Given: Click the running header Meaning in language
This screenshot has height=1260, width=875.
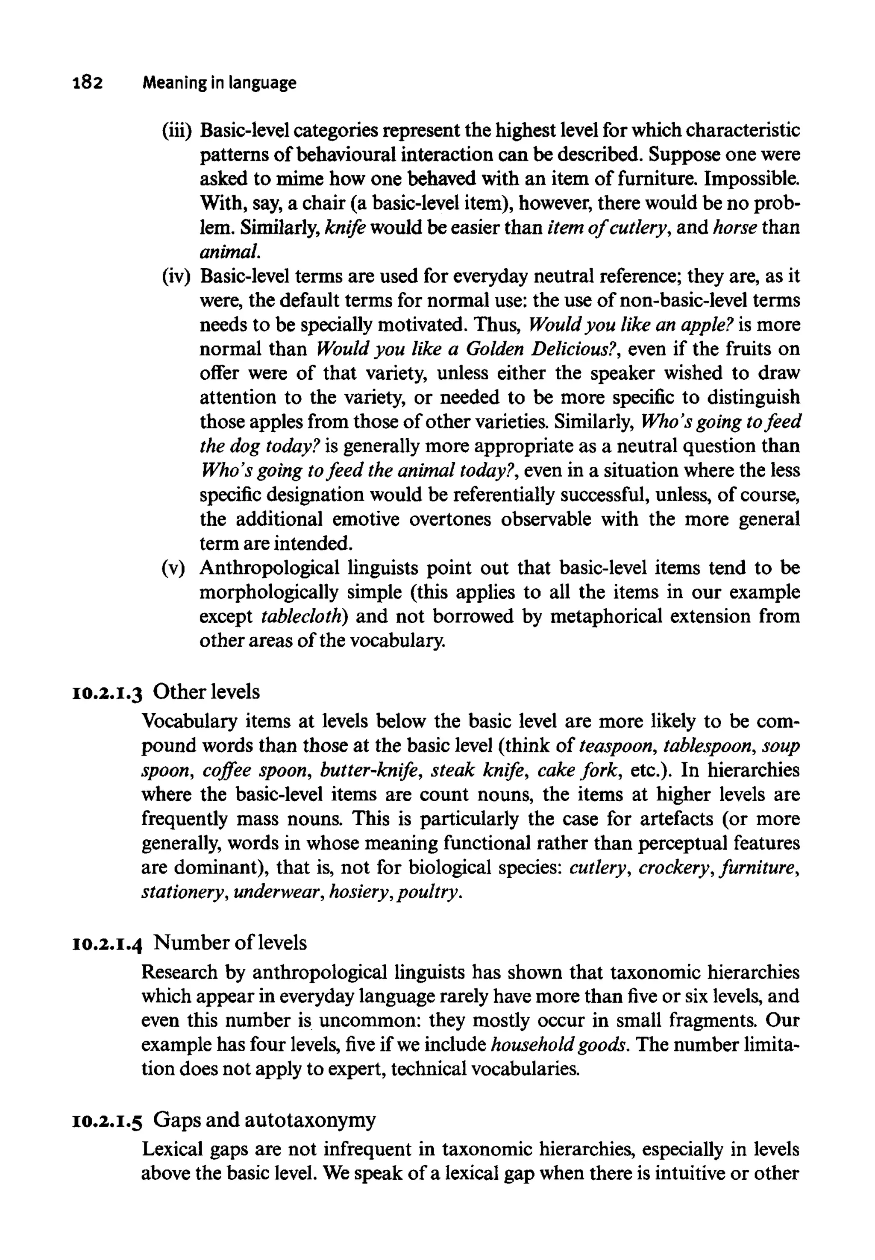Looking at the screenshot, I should pyautogui.click(x=219, y=83).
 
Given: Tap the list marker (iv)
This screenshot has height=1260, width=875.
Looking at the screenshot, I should pyautogui.click(x=176, y=276).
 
